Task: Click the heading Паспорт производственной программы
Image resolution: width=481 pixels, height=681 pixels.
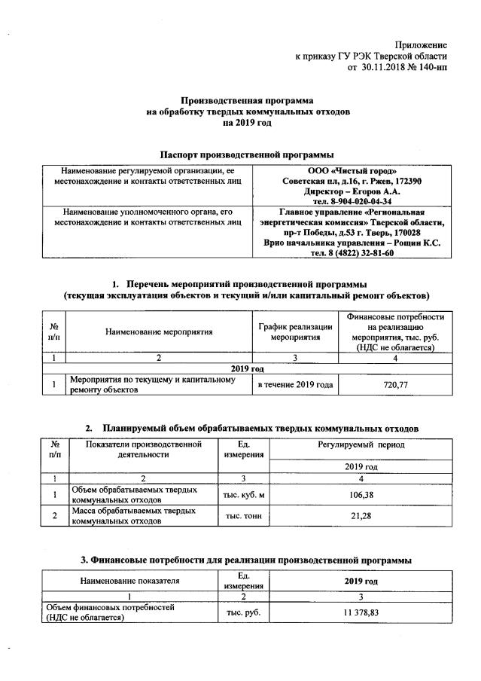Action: click(240, 153)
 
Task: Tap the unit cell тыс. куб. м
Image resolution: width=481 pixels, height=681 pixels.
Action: click(243, 495)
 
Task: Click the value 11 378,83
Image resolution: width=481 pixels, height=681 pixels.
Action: click(361, 613)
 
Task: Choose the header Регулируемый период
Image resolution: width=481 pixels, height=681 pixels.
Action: click(361, 446)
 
